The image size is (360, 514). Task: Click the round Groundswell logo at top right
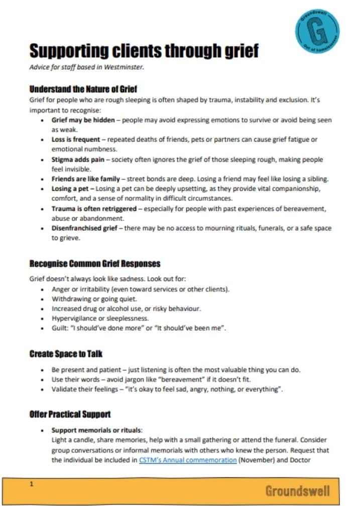tap(317, 29)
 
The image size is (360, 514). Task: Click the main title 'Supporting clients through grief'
tap(144, 51)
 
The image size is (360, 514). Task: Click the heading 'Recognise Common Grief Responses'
tap(95, 264)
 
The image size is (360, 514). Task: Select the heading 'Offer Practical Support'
tap(70, 415)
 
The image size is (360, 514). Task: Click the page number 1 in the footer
tap(32, 484)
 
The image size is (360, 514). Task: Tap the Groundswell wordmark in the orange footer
tap(297, 490)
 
